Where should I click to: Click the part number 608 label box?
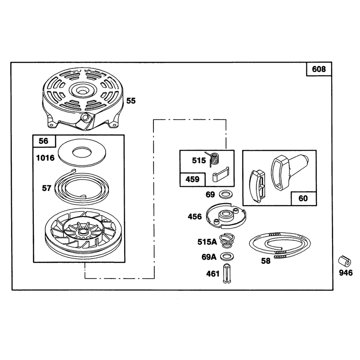[319, 69]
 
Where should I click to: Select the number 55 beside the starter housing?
[131, 101]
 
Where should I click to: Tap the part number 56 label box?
[44, 141]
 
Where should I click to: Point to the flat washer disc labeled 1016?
[82, 153]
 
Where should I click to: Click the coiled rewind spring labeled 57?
[82, 186]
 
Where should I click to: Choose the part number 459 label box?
[193, 179]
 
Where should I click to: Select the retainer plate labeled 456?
[226, 216]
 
